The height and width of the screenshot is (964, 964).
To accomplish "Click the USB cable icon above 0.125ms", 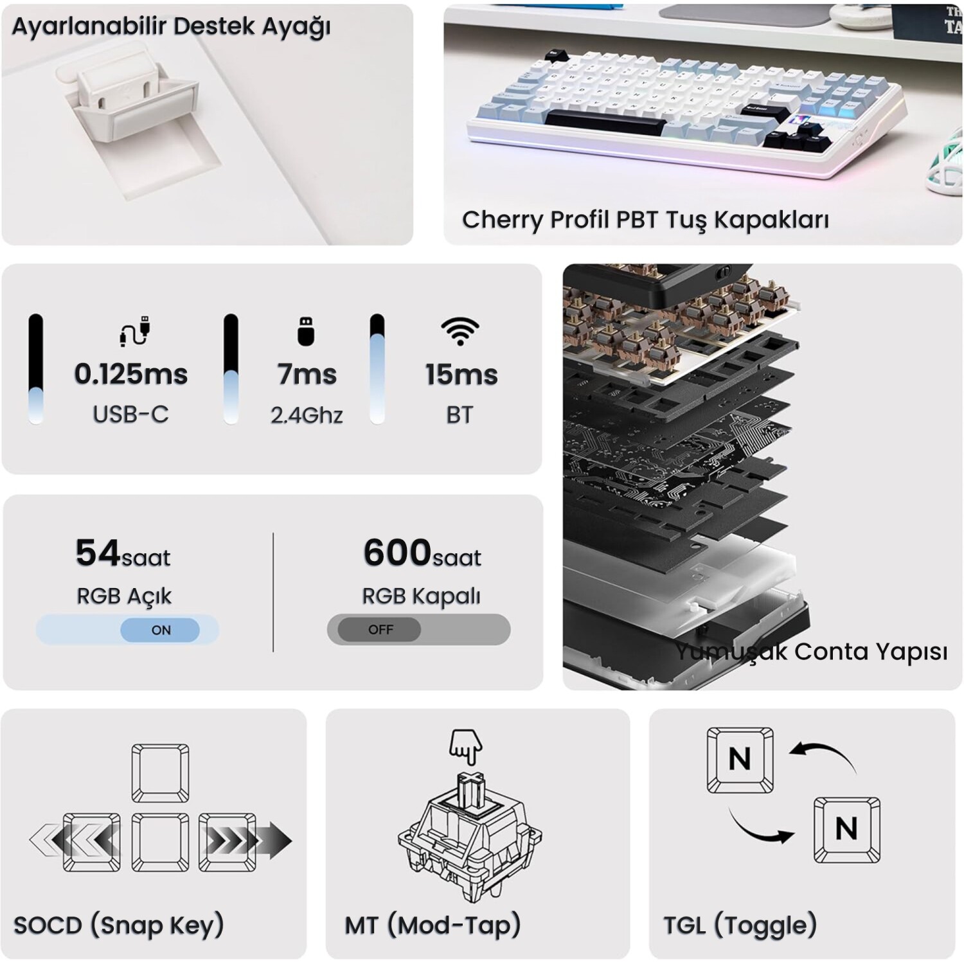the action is click(x=135, y=331).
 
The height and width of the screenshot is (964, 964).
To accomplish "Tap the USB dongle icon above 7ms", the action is click(x=306, y=331).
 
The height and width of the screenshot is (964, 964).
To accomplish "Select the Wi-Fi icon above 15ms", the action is click(x=460, y=331).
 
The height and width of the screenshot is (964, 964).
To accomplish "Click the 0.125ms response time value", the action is click(x=131, y=374).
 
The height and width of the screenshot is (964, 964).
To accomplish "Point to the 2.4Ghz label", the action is click(x=307, y=415).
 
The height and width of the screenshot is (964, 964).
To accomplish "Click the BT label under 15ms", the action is click(x=460, y=415).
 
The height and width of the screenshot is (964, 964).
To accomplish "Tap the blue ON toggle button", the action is click(x=160, y=630).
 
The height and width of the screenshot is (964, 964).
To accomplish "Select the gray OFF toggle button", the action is click(x=380, y=629).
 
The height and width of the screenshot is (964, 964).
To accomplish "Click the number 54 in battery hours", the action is click(x=98, y=553).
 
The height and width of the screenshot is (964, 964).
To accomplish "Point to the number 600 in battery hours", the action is click(x=397, y=553).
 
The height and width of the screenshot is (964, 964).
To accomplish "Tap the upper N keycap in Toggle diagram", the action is click(x=740, y=760).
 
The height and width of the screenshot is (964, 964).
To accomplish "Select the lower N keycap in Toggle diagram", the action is click(x=846, y=829).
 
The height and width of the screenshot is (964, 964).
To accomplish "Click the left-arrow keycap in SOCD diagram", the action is click(x=91, y=842).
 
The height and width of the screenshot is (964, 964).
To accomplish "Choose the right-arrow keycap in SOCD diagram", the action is click(x=227, y=842).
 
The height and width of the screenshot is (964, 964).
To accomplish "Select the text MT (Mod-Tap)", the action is click(x=433, y=925).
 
